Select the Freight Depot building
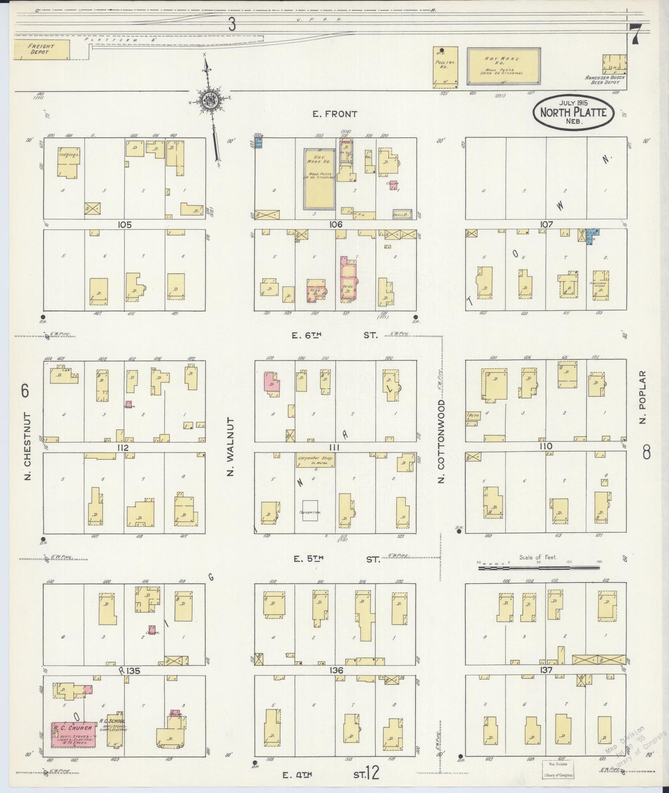(x=41, y=50)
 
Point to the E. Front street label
(x=335, y=114)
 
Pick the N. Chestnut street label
(x=27, y=446)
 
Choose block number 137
(x=546, y=670)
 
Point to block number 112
(x=123, y=447)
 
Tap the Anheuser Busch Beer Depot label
(x=605, y=80)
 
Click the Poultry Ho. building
(x=445, y=67)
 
